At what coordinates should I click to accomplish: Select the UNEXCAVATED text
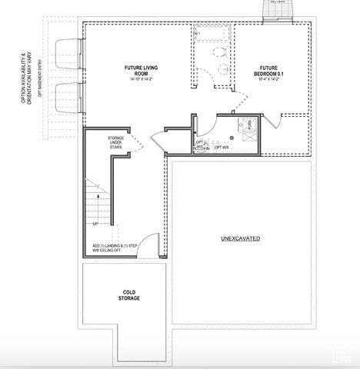(x=240, y=239)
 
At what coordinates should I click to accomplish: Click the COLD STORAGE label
(x=130, y=295)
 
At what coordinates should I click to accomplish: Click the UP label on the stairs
(x=95, y=224)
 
